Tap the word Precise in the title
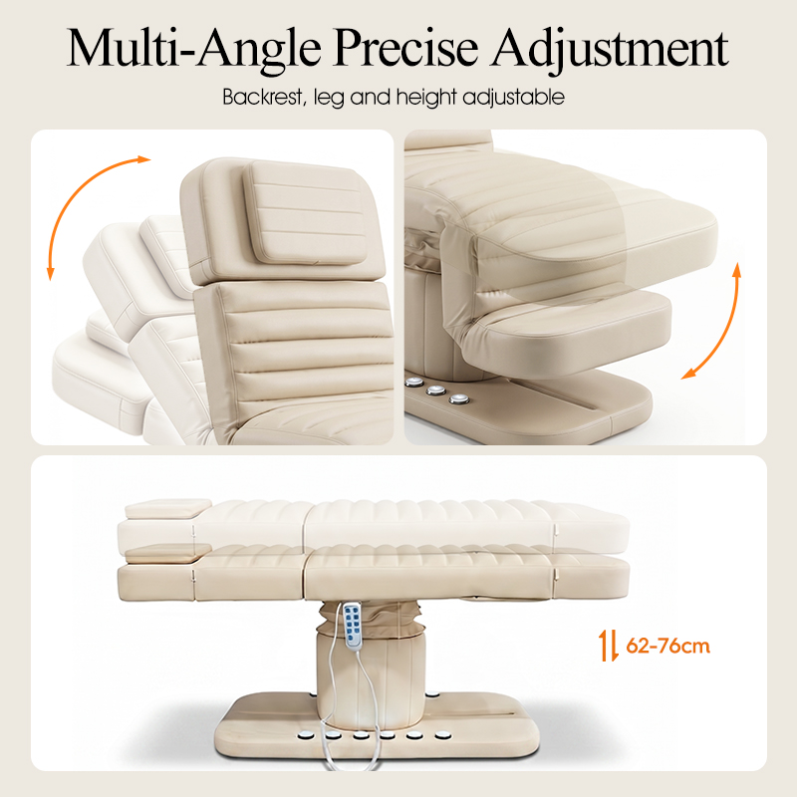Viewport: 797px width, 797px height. (405, 47)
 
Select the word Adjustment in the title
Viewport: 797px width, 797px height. (610, 51)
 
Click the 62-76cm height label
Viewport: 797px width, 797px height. (667, 646)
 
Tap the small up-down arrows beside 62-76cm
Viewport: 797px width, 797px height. (608, 645)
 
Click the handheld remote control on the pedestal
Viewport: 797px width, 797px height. (354, 626)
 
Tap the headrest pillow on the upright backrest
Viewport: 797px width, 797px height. (305, 212)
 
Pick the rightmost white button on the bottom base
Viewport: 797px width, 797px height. (441, 734)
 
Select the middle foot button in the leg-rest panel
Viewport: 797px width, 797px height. (435, 391)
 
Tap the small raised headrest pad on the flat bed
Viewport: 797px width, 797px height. (167, 508)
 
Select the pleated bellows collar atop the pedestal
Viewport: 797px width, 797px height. (371, 618)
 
